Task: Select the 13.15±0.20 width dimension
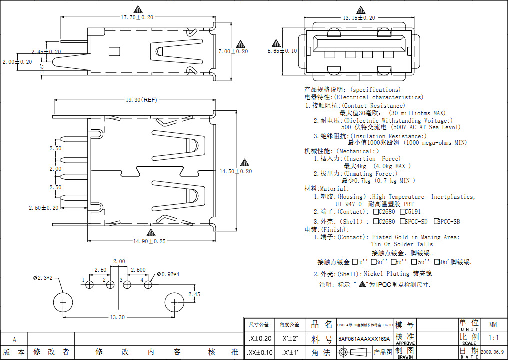click(x=358, y=18)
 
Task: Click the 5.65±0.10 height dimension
click(x=282, y=51)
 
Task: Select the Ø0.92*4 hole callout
click(x=168, y=274)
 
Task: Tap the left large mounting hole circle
click(x=63, y=303)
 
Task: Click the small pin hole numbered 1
click(x=90, y=284)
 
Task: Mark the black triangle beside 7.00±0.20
click(x=241, y=43)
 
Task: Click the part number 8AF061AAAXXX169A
click(x=364, y=339)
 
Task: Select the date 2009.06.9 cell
click(x=493, y=352)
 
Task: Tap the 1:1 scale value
click(x=493, y=338)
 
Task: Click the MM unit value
click(x=493, y=324)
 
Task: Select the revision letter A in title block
click(x=14, y=340)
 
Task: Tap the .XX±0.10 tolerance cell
click(x=260, y=352)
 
